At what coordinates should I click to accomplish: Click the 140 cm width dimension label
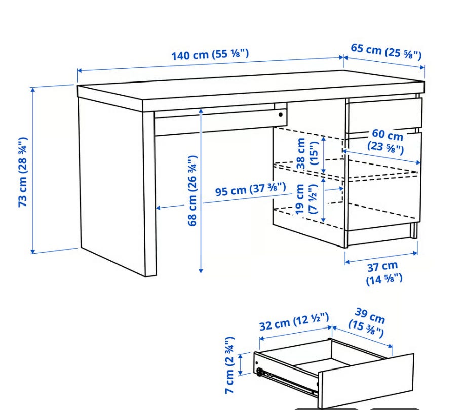click(210, 55)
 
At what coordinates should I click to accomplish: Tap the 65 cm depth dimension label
click(386, 52)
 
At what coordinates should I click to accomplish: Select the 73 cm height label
click(23, 172)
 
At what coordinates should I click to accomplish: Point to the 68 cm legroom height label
click(192, 190)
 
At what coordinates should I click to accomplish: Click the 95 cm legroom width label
click(250, 189)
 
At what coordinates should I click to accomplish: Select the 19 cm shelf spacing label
click(306, 199)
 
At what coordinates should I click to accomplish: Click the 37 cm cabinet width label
click(383, 273)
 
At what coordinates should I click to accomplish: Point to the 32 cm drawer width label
click(294, 322)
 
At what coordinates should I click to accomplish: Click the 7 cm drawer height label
click(230, 364)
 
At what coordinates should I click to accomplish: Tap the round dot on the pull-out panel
click(281, 115)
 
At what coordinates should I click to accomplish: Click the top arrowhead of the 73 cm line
click(33, 90)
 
